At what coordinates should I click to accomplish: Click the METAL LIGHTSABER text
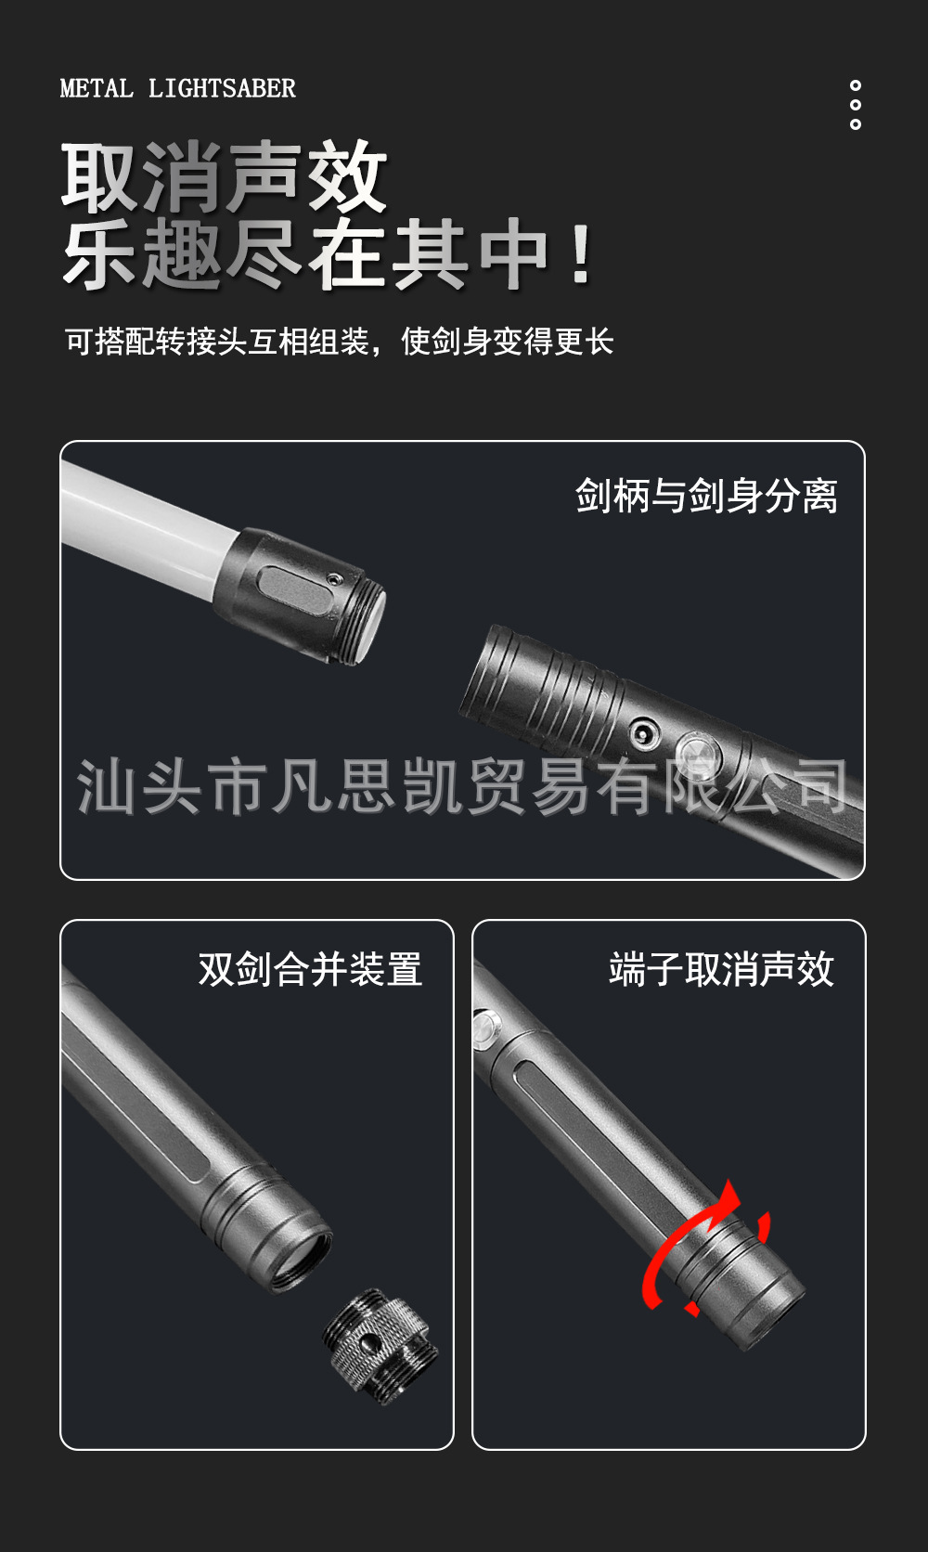click(x=177, y=88)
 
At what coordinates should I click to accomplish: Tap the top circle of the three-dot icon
click(x=855, y=86)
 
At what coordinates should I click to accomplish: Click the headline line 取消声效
click(x=224, y=176)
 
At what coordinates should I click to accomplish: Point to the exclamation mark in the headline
click(x=582, y=254)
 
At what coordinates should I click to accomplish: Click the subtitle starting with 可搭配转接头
click(x=339, y=342)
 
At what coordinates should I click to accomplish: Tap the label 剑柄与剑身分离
click(x=706, y=495)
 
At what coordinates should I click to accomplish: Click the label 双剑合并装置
click(x=310, y=969)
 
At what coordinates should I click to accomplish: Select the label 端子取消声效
click(x=721, y=969)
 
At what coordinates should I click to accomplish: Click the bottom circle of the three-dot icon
click(x=855, y=124)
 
